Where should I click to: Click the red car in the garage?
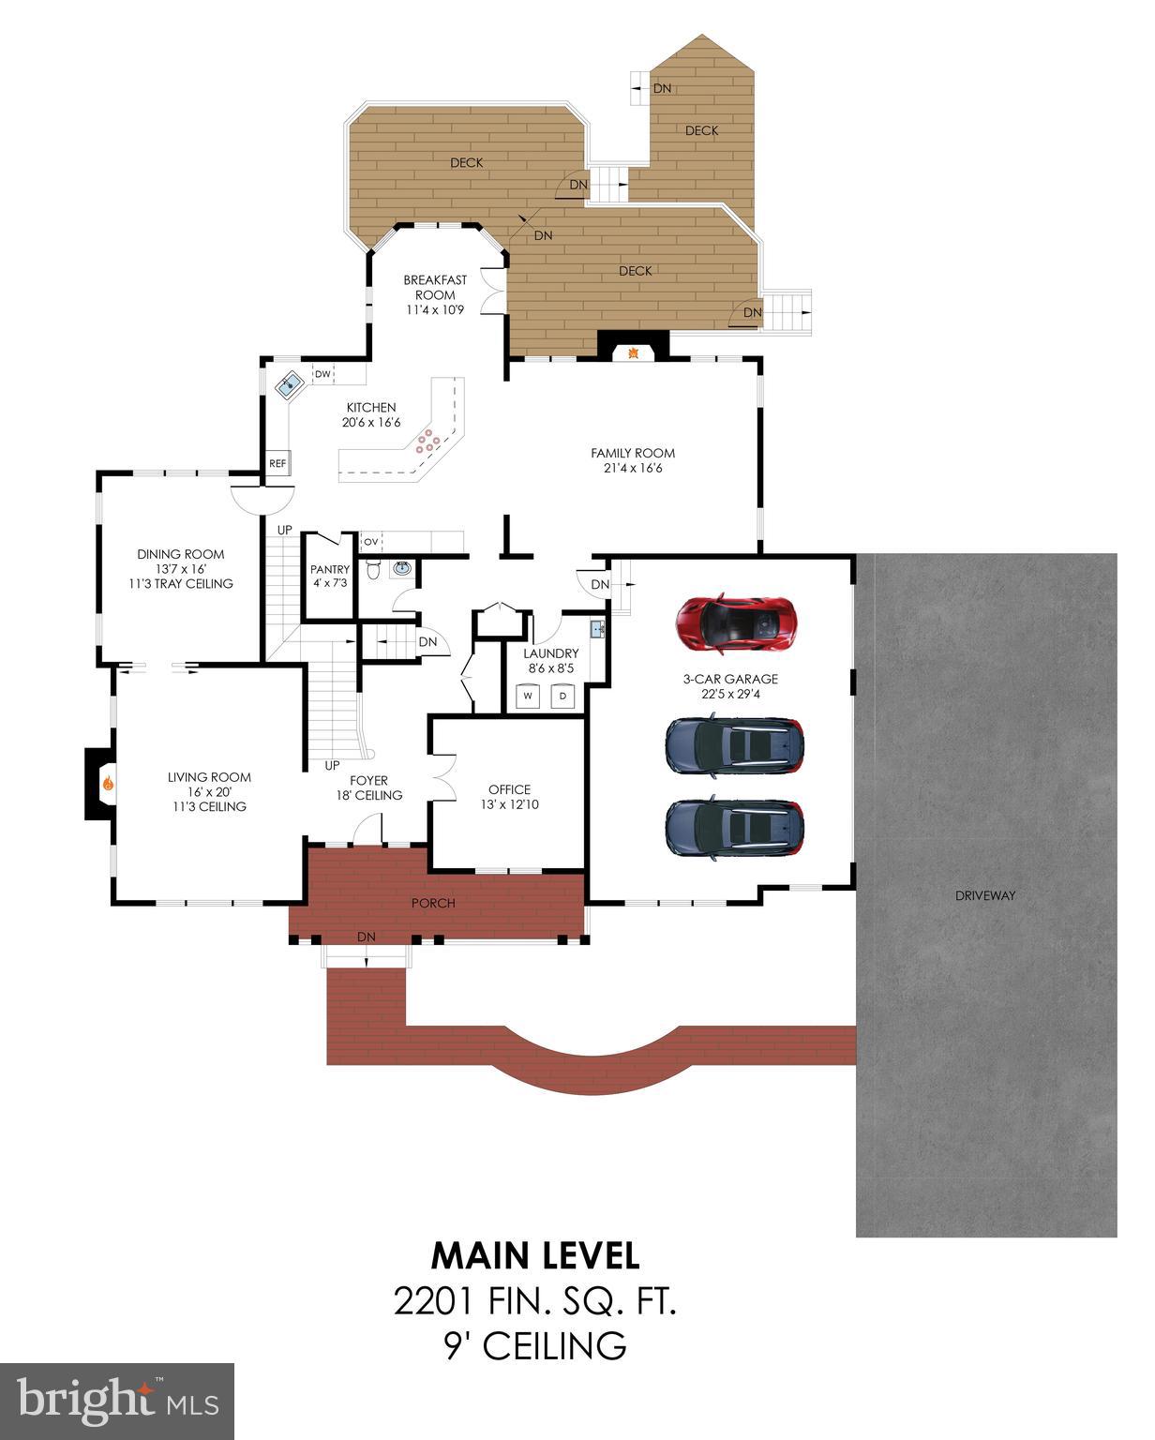click(737, 622)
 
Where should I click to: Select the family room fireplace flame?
click(634, 352)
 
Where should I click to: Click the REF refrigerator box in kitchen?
click(277, 463)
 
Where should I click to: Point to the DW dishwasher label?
click(322, 375)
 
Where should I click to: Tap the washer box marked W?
click(528, 696)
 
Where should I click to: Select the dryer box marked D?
click(562, 696)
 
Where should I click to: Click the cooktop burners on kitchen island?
click(427, 442)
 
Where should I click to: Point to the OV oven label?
click(371, 542)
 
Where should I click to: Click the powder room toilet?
click(373, 569)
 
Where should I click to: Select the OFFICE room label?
click(509, 789)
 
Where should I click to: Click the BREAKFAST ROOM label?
click(435, 287)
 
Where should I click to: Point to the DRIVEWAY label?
click(985, 895)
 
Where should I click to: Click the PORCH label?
click(433, 903)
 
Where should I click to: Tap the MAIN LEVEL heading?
click(535, 1254)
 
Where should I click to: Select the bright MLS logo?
click(117, 1401)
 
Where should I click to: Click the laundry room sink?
click(597, 627)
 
